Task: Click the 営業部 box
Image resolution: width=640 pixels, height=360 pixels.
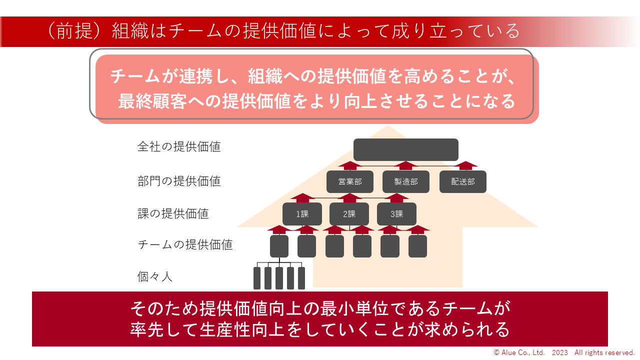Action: (350, 182)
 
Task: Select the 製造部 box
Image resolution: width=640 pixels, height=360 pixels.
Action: (405, 182)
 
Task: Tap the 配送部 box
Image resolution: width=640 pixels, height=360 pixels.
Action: (462, 182)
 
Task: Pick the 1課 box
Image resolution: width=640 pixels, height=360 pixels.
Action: (302, 214)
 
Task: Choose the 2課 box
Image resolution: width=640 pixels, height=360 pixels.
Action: (349, 214)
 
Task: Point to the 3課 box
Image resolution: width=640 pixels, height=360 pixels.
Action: (396, 214)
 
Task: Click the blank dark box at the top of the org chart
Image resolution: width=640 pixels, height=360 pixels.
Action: (405, 149)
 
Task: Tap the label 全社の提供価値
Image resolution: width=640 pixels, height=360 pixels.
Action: (178, 147)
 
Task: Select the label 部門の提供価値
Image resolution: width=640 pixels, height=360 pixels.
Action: (178, 181)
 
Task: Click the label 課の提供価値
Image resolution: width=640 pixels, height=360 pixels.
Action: (172, 214)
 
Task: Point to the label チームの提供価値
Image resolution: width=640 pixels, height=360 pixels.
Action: (184, 245)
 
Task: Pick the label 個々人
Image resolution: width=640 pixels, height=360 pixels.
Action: (154, 276)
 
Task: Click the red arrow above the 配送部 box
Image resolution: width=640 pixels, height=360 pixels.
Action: (466, 165)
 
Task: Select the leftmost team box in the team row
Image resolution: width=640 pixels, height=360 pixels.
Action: (279, 246)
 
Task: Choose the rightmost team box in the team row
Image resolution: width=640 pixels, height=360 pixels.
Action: (417, 246)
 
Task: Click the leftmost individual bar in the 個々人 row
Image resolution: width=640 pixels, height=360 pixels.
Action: (257, 278)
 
